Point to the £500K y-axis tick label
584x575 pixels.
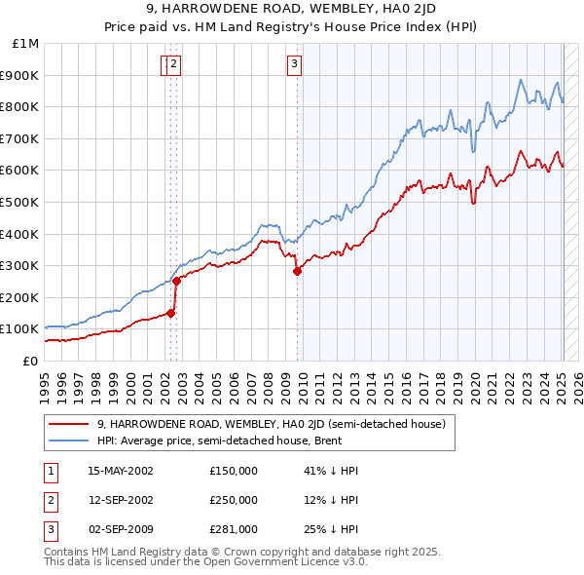(x=22, y=203)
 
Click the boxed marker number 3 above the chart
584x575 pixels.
(x=294, y=65)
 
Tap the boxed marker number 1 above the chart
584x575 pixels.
(x=165, y=65)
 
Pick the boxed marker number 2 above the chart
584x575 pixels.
(x=174, y=65)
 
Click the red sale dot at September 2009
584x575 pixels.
(x=297, y=272)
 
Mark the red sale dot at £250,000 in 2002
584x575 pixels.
(x=177, y=282)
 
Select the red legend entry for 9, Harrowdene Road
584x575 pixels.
(x=271, y=424)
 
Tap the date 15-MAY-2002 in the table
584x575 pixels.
(x=121, y=470)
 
